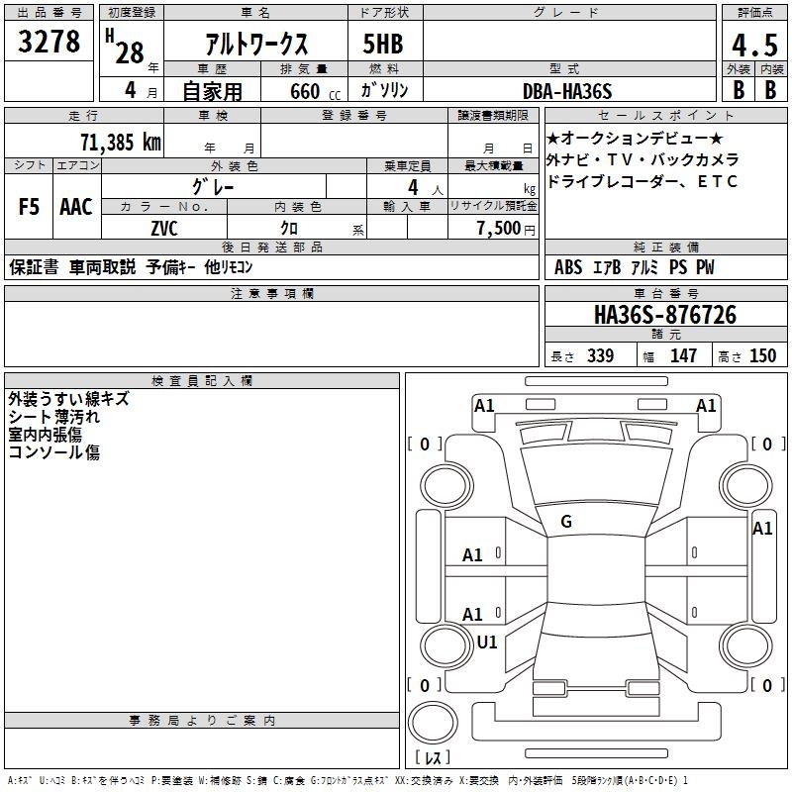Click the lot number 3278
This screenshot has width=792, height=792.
[49, 43]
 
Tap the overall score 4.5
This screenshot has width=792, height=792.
[753, 47]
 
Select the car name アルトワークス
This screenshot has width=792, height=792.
[255, 45]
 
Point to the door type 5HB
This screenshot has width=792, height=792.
[383, 45]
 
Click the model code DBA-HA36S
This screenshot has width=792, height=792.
[567, 91]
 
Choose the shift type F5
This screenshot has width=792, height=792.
[30, 207]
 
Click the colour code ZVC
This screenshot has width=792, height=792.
[164, 229]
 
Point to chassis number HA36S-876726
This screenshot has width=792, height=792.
[664, 315]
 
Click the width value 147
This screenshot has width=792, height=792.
[683, 356]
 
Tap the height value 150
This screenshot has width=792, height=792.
[762, 356]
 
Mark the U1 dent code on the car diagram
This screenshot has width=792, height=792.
[487, 643]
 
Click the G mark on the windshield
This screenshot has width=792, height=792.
[566, 522]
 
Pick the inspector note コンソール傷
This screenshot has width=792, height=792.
[53, 452]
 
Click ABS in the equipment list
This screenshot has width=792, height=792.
[568, 267]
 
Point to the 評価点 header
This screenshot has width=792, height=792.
[753, 13]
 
